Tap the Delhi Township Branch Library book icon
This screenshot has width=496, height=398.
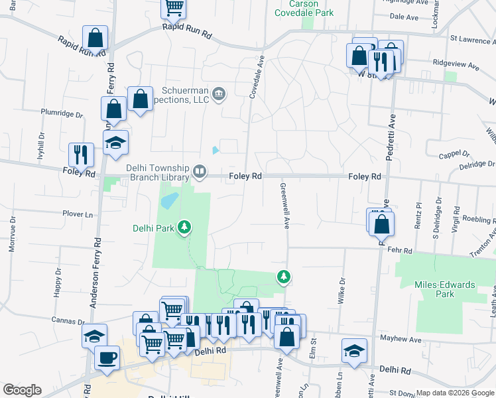[198, 173]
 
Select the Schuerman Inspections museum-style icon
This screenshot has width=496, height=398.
[219, 94]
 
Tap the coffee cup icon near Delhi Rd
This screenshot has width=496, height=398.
[107, 358]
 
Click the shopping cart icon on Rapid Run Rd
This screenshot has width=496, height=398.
[174, 9]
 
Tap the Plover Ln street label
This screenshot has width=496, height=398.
[78, 214]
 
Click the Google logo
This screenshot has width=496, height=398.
[22, 390]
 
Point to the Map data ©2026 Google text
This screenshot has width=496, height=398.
[454, 393]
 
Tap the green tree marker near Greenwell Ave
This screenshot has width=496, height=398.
[284, 276]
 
